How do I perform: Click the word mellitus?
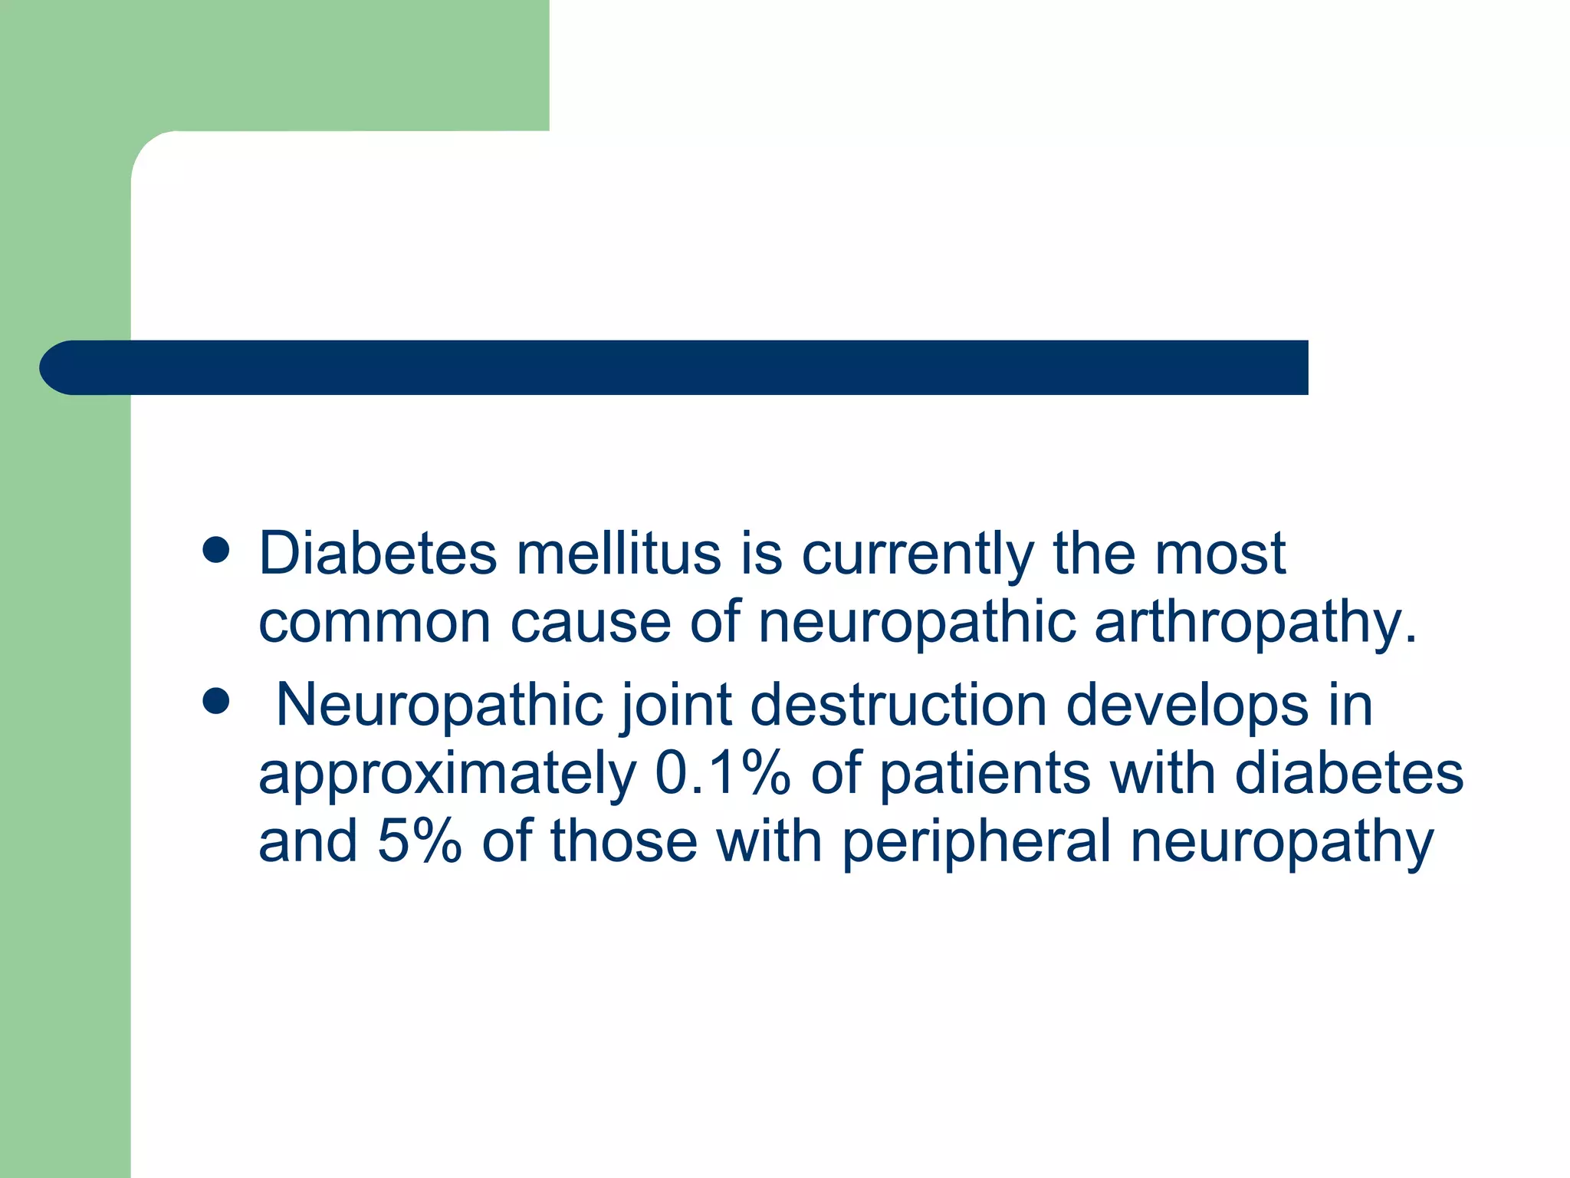coord(618,553)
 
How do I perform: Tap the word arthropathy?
coord(1255,624)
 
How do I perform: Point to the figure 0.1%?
coord(722,773)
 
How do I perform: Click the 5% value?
coord(419,841)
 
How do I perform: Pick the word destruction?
coord(898,705)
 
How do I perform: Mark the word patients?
coord(984,773)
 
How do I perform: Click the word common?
coord(374,622)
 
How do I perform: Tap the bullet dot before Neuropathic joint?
coord(217,701)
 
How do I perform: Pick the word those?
coord(623,841)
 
